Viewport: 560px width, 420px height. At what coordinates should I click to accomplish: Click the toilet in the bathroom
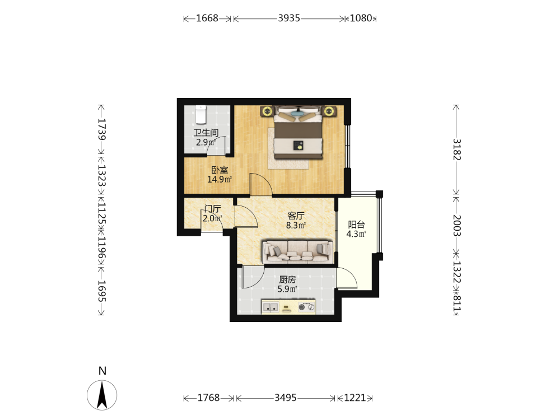[200, 114]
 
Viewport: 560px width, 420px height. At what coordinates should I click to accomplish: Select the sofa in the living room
[298, 252]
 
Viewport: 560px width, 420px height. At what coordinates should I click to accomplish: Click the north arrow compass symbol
[102, 395]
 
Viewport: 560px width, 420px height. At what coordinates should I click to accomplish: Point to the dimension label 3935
[289, 18]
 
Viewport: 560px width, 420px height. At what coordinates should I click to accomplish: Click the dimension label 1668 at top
[207, 18]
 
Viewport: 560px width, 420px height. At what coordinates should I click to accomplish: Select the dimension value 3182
[457, 150]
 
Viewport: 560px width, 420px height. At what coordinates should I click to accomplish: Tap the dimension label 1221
[354, 398]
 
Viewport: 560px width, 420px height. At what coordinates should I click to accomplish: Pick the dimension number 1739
[102, 129]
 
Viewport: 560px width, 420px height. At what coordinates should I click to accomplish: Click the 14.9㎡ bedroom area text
[220, 179]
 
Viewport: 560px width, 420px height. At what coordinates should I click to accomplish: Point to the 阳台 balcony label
[356, 225]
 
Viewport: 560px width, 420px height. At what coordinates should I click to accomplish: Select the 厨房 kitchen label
[287, 279]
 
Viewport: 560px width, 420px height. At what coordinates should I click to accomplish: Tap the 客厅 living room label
[296, 216]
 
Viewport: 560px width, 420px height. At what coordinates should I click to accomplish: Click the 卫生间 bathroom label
[206, 133]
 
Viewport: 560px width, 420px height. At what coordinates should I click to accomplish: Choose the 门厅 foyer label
[212, 209]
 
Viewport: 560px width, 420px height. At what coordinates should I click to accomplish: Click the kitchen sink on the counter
[270, 307]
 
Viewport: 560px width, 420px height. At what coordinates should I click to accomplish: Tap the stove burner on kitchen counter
[302, 307]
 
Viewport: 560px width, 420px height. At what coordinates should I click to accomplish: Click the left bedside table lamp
[267, 111]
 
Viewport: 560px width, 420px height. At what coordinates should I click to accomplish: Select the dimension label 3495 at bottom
[286, 398]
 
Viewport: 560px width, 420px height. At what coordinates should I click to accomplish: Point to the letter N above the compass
[102, 371]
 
